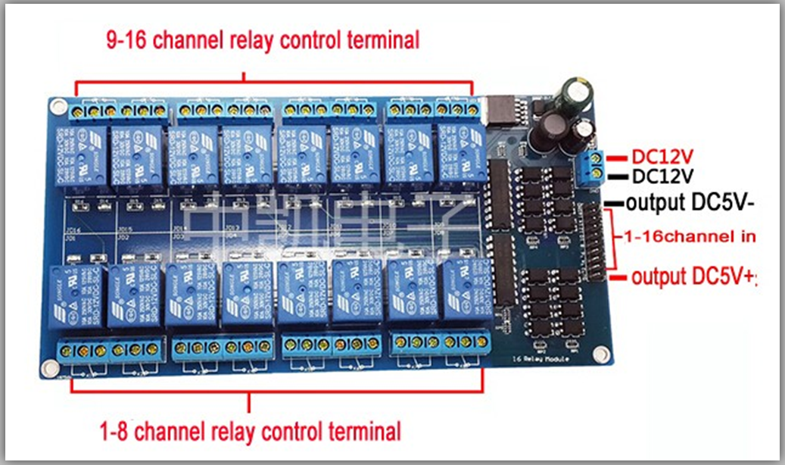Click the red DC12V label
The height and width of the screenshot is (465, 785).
pyautogui.click(x=662, y=157)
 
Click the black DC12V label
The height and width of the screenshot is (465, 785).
pyautogui.click(x=662, y=176)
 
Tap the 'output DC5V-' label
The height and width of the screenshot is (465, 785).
pyautogui.click(x=691, y=204)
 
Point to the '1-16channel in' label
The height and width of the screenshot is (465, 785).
pyautogui.click(x=689, y=236)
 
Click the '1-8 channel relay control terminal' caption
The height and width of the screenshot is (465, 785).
pyautogui.click(x=250, y=432)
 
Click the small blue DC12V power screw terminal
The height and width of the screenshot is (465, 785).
pyautogui.click(x=593, y=165)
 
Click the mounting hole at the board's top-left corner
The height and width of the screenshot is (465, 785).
pyautogui.click(x=58, y=104)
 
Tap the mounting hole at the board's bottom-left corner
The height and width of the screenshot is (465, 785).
pyautogui.click(x=49, y=369)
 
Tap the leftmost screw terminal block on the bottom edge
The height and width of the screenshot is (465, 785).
pyautogui.click(x=111, y=351)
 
